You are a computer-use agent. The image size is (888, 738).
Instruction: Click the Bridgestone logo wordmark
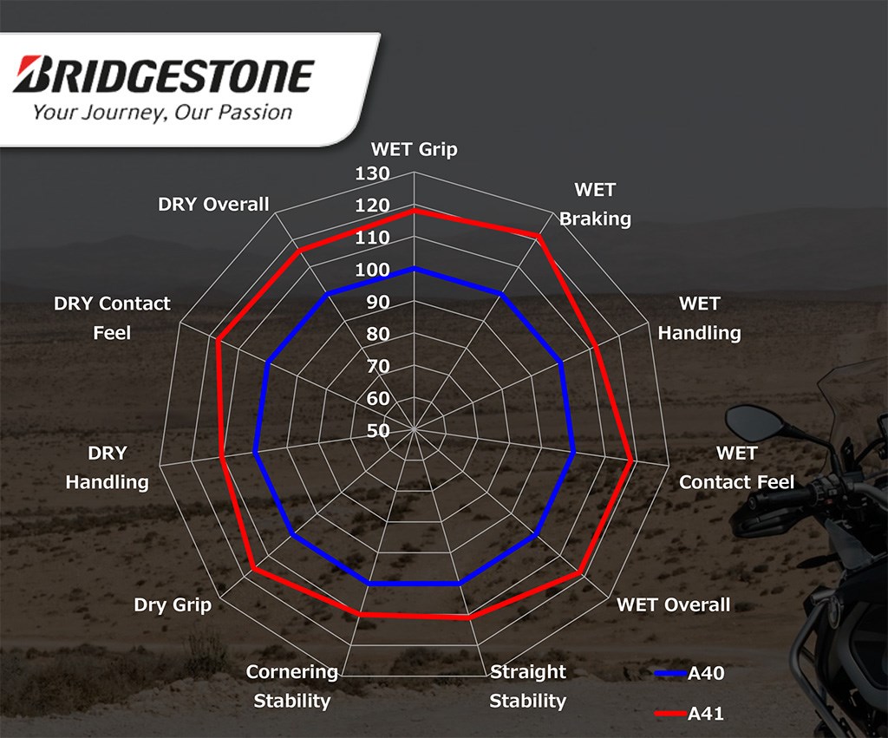click(x=163, y=75)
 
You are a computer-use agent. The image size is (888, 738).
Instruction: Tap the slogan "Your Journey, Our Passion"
click(x=162, y=112)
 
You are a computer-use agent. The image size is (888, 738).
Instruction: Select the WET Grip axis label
click(x=414, y=149)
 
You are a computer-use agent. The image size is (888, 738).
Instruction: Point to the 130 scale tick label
click(x=372, y=173)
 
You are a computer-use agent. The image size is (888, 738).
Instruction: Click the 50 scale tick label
click(x=378, y=431)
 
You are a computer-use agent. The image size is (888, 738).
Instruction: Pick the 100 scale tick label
click(x=372, y=270)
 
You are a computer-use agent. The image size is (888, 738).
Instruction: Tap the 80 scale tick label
click(x=378, y=334)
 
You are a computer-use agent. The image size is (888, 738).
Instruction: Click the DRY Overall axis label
click(x=213, y=204)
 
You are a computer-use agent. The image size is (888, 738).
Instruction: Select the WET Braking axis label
click(x=595, y=204)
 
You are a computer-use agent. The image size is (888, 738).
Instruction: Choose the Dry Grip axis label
click(x=173, y=604)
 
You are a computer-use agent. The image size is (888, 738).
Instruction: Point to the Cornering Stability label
click(x=292, y=686)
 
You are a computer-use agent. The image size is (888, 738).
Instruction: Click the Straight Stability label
click(x=528, y=686)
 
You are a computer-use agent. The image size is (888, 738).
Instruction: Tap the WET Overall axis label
click(x=673, y=604)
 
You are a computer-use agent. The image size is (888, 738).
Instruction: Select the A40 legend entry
click(x=689, y=673)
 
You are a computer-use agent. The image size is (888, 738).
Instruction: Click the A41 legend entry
click(x=689, y=714)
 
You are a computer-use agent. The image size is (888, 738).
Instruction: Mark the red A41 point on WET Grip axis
click(x=414, y=211)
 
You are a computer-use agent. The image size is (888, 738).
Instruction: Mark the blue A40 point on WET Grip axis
click(x=414, y=269)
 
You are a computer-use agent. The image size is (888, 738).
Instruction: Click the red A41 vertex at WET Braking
click(x=539, y=237)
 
